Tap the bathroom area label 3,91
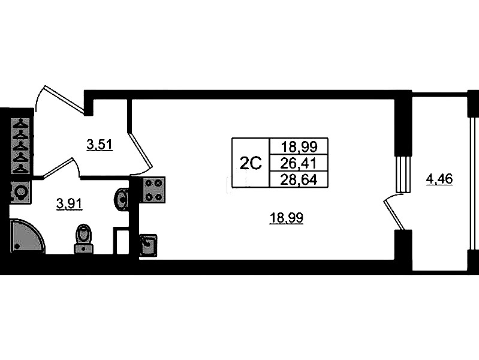point(69,203)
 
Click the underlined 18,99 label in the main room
point(287,219)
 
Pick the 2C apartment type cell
point(251,163)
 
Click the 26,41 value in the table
point(299,163)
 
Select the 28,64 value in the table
point(299,178)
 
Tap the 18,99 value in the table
point(299,146)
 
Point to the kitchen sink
point(148,245)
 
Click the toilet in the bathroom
point(83,238)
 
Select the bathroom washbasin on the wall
point(122,199)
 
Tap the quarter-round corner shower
point(25,237)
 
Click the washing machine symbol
point(20,193)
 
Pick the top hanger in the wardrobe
point(22,124)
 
